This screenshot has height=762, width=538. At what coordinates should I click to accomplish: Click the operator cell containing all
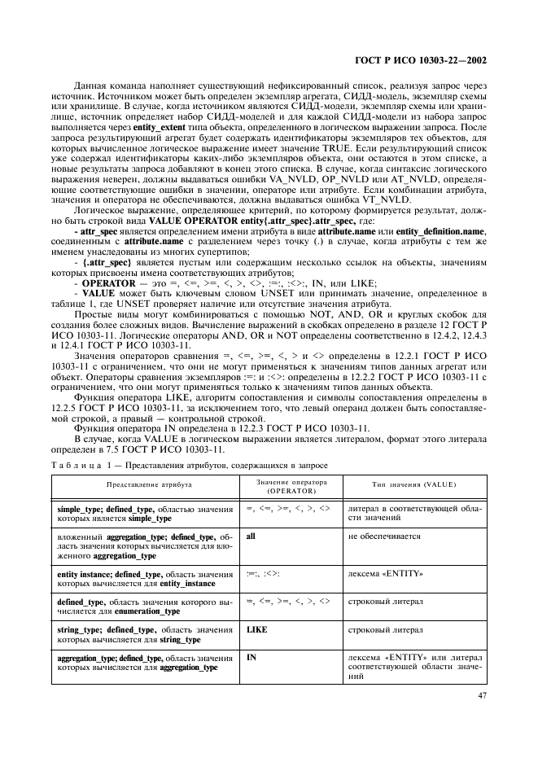[x=251, y=537]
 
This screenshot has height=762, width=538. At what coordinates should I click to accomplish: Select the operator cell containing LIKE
[x=256, y=629]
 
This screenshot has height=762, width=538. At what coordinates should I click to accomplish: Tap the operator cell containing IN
[x=251, y=657]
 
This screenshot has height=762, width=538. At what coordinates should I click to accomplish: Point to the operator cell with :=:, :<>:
[x=264, y=574]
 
